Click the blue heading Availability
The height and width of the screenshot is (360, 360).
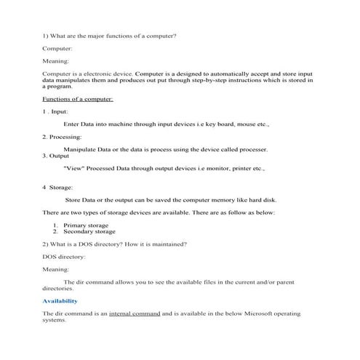click(60, 300)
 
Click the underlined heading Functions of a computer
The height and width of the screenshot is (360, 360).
click(78, 99)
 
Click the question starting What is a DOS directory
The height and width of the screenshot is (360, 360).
click(114, 244)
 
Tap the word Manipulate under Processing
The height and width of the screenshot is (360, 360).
click(81, 149)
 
